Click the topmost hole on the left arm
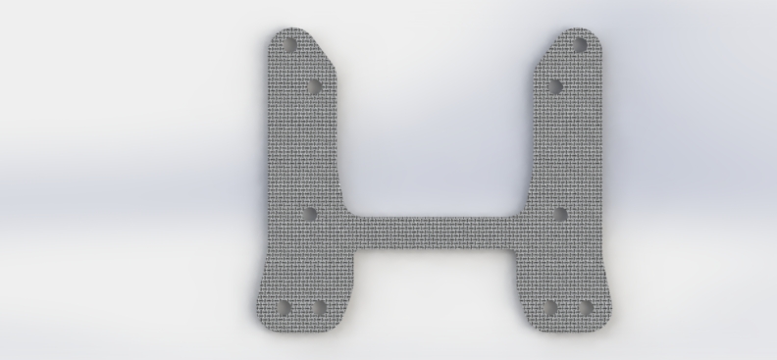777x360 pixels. tap(289, 45)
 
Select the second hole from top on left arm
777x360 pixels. tap(314, 86)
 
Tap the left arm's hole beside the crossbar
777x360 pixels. tap(309, 213)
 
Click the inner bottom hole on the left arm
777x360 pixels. tap(318, 308)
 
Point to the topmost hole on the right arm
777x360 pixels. tap(580, 45)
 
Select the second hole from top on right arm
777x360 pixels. tap(554, 86)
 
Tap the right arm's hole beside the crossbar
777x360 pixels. tap(560, 213)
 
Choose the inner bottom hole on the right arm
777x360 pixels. tap(550, 308)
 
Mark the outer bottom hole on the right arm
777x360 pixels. tap(585, 308)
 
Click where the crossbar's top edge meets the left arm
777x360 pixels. tap(351, 216)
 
